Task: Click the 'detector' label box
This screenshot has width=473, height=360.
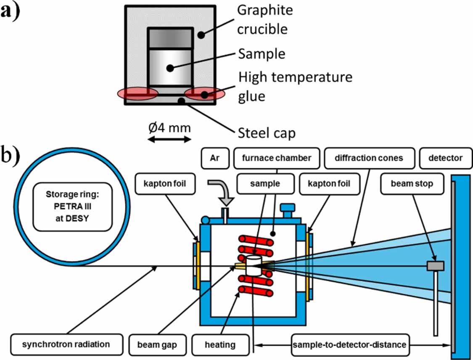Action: click(445, 158)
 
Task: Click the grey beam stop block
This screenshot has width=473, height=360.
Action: click(436, 266)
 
